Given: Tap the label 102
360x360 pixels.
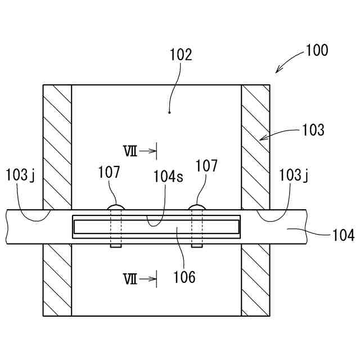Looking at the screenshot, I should (x=181, y=55).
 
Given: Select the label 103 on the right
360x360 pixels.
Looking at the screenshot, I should (x=313, y=130).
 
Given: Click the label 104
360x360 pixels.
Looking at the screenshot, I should (x=343, y=235).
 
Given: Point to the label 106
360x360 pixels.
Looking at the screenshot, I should (x=184, y=277).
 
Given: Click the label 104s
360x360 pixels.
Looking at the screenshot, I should (x=168, y=175).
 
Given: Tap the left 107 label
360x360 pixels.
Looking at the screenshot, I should (x=109, y=172).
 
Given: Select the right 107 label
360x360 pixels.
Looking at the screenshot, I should (x=206, y=166).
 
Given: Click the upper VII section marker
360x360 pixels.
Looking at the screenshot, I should (x=130, y=151).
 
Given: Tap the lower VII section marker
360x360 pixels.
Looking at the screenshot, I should (x=130, y=278).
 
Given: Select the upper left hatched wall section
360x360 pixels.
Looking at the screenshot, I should (x=57, y=146).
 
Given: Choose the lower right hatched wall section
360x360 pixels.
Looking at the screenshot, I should (x=255, y=280).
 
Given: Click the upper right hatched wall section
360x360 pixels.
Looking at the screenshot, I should (x=255, y=146).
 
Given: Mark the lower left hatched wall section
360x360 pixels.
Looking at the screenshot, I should (x=57, y=280).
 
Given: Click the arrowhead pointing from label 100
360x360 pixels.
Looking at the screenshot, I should (x=277, y=71).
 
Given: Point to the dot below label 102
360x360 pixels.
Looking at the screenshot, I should (x=169, y=112).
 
